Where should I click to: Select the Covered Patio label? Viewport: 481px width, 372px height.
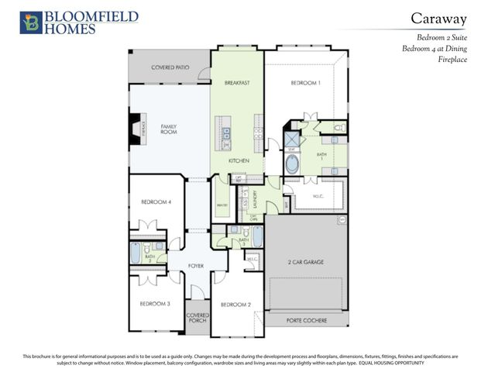point(170,67)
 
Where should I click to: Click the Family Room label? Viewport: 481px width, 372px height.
point(169,129)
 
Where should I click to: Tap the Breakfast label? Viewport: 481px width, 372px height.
point(237,82)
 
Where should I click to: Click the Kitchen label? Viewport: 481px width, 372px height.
point(238,160)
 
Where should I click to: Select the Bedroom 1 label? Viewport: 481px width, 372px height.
point(305,82)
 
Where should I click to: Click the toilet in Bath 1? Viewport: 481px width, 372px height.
point(339,128)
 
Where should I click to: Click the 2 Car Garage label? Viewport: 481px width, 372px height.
point(305,263)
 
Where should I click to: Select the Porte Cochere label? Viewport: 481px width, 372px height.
point(305,320)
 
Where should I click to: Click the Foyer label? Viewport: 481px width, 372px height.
point(195,266)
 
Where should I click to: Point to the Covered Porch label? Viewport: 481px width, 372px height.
point(197,319)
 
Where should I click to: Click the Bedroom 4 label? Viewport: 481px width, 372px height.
point(156,202)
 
